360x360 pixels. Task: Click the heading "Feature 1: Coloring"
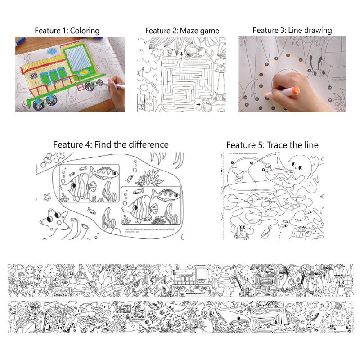click(x=67, y=31)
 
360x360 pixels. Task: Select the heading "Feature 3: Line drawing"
click(x=292, y=30)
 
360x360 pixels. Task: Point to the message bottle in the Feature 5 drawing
click(x=268, y=231)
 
